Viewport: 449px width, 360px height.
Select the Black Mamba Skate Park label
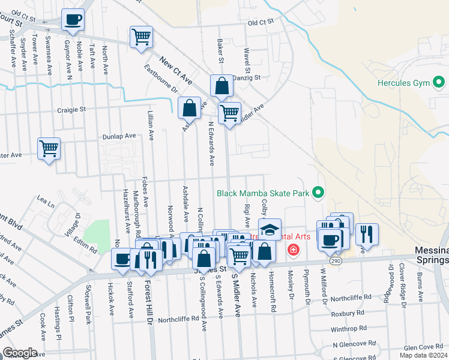[x=263, y=193]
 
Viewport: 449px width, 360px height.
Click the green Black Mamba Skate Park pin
[x=318, y=193]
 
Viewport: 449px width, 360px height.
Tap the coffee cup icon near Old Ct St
[x=73, y=19]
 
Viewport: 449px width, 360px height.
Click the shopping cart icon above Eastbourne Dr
[x=141, y=37]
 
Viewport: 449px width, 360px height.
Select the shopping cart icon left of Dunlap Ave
[x=49, y=148]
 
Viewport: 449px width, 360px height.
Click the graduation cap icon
[x=270, y=229]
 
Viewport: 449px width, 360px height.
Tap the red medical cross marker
[x=293, y=250]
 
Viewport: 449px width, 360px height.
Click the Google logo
[x=20, y=352]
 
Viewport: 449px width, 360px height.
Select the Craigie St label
[x=72, y=110]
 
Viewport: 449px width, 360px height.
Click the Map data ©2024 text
[x=423, y=355]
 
